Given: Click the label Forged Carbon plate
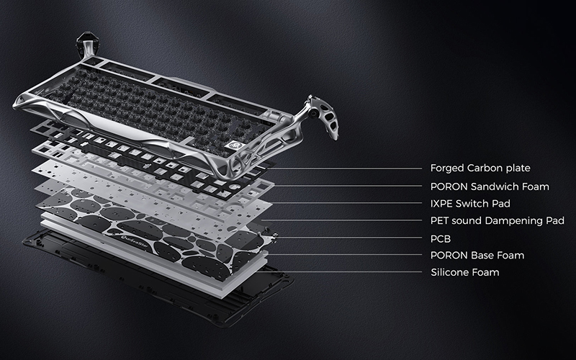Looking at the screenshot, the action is click(x=480, y=168).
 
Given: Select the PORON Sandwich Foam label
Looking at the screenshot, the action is click(x=490, y=186).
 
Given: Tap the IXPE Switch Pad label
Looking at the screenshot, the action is click(x=470, y=204).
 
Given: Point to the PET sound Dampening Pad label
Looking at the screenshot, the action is click(x=498, y=221).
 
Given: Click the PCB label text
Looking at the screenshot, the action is click(x=441, y=239).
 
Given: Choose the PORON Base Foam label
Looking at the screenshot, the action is click(x=477, y=256).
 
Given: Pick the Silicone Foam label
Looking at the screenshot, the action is click(x=465, y=273).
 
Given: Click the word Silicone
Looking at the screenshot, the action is click(x=447, y=273).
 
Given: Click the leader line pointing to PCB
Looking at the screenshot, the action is click(x=349, y=238).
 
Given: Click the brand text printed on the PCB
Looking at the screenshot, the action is click(x=136, y=244).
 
